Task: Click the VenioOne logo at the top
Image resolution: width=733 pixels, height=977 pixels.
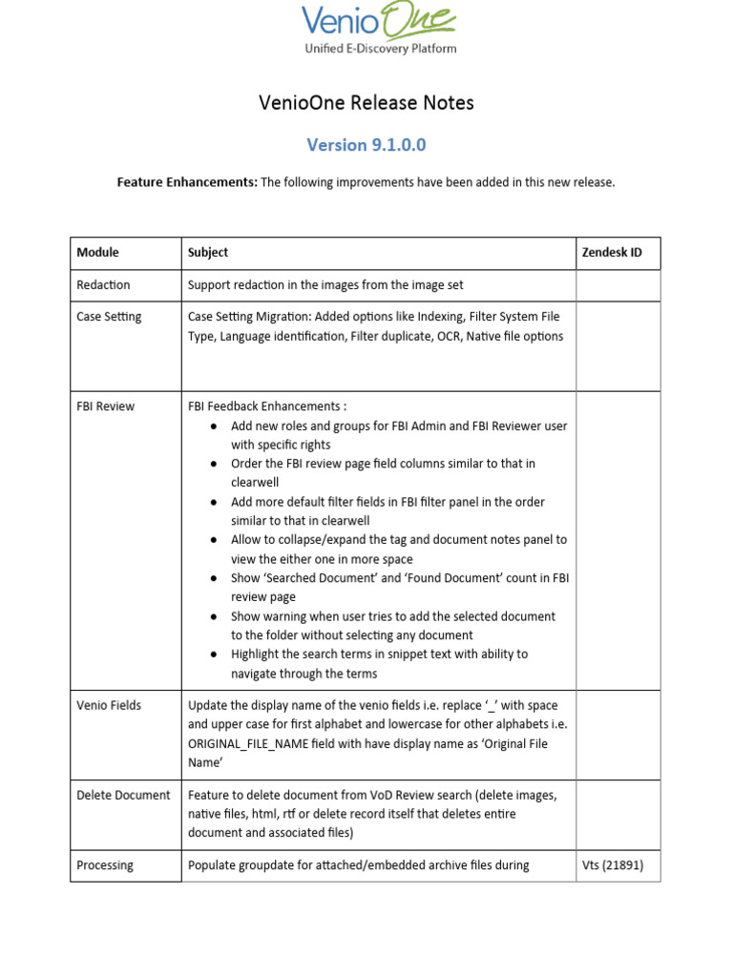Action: click(x=379, y=22)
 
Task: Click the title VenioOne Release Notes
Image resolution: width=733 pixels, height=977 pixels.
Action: click(x=366, y=102)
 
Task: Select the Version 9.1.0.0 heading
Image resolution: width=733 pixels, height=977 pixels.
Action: click(x=366, y=145)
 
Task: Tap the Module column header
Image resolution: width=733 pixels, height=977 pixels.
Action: click(x=97, y=253)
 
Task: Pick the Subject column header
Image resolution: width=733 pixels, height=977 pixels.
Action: click(x=208, y=253)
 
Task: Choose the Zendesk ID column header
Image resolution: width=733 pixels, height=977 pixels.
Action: click(x=612, y=253)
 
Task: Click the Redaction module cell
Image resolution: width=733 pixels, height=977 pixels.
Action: click(x=103, y=285)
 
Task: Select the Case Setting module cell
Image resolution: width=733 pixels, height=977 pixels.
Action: click(x=109, y=317)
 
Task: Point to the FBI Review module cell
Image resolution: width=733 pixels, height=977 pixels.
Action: click(x=105, y=406)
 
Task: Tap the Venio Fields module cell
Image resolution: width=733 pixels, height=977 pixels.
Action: click(x=109, y=705)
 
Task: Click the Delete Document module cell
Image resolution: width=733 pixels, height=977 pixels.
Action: click(x=123, y=795)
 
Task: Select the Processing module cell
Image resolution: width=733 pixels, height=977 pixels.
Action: click(x=105, y=865)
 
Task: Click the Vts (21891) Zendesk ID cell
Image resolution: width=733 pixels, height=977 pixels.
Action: click(x=613, y=865)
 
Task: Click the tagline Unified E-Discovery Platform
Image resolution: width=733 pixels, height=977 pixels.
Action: click(x=380, y=49)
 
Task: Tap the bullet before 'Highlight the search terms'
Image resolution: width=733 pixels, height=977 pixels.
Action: click(x=215, y=655)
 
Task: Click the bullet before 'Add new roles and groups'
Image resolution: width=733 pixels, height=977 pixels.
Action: click(x=215, y=426)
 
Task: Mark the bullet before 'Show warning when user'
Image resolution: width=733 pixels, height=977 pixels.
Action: click(x=215, y=616)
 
